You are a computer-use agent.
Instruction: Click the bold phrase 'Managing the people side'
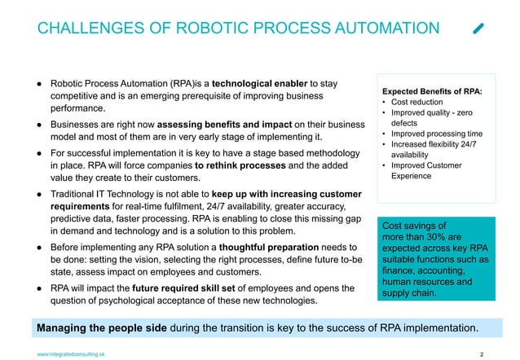(104, 327)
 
